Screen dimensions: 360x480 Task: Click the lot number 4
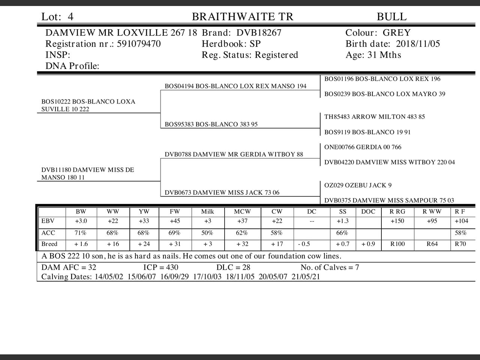point(70,17)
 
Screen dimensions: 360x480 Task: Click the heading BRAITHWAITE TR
point(243,17)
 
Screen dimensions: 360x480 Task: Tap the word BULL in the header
point(391,17)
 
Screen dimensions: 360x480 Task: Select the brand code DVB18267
point(259,33)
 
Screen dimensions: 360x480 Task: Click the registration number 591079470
point(139,44)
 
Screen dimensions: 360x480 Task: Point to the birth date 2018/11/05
point(418,44)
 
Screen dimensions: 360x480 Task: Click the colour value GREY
point(397,33)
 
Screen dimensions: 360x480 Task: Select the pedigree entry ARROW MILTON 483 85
point(375,117)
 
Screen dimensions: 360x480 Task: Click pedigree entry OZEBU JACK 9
point(358,185)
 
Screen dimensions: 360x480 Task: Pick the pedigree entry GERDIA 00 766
point(363,147)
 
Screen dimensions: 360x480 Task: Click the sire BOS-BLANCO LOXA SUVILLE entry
point(88,105)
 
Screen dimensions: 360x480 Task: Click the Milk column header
point(207,211)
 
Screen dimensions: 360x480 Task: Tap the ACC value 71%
point(80,233)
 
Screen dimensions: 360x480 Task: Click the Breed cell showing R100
point(397,244)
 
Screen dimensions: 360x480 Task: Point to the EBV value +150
point(397,221)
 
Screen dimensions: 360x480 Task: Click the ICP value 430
point(171,267)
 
